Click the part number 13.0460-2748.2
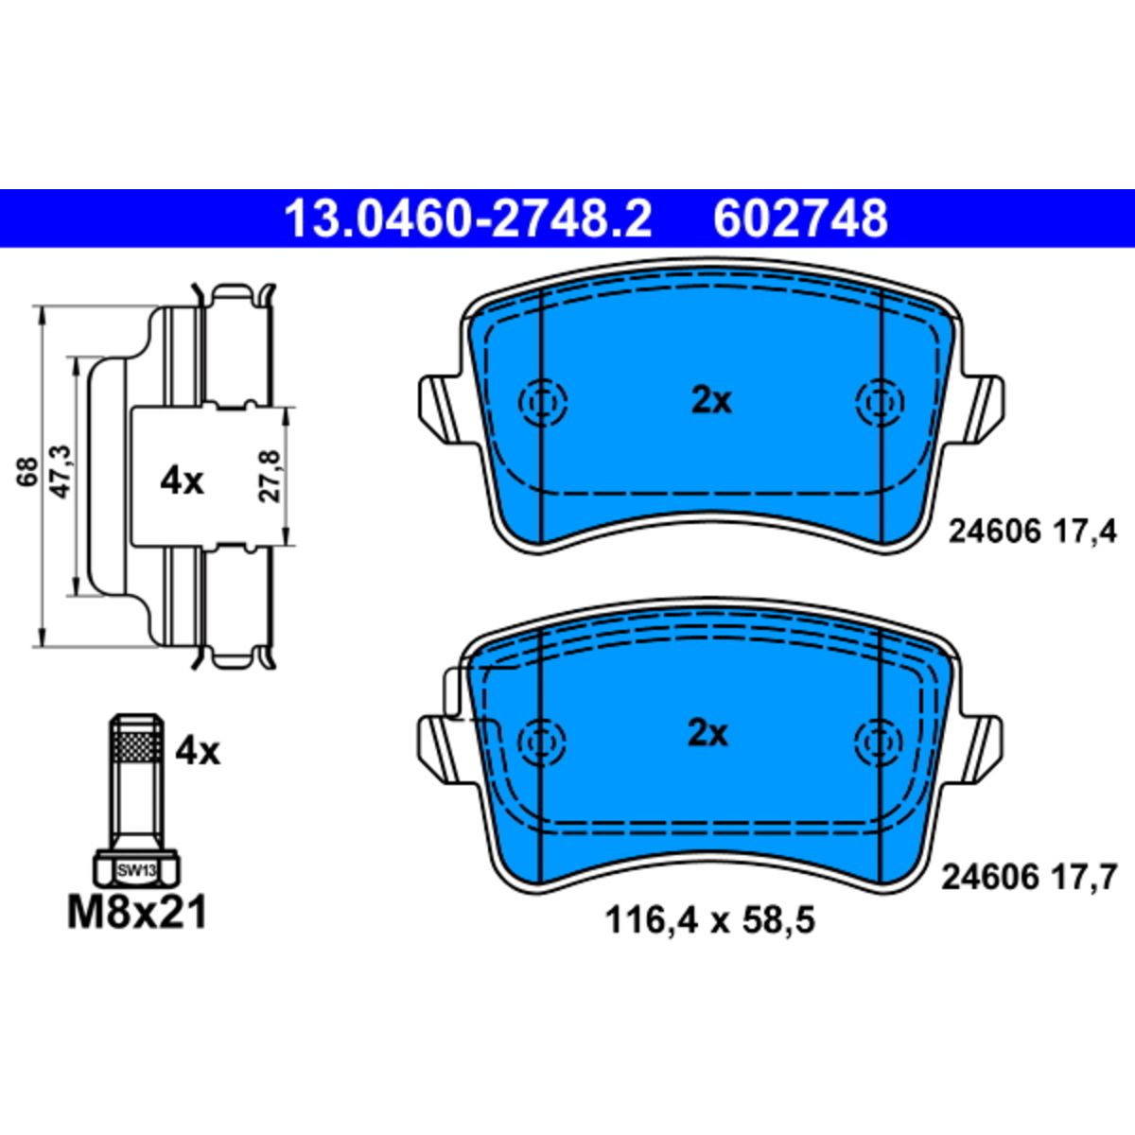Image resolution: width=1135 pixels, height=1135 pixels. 467,218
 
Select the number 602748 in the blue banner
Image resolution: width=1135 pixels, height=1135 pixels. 800,218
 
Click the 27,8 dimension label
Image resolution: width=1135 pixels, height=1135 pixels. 271,476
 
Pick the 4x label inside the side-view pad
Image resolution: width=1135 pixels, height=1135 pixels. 182,482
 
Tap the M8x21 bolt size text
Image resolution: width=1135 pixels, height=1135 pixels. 137,914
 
